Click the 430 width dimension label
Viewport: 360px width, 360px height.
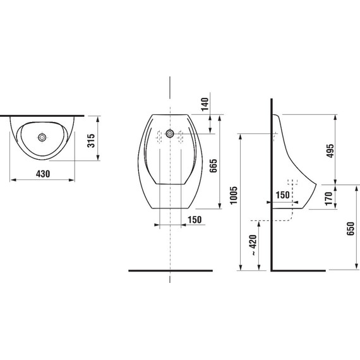tap(43, 174)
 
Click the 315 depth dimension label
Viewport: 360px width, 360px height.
tap(91, 140)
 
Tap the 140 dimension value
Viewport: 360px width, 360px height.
tap(205, 104)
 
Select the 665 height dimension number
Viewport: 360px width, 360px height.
tap(213, 165)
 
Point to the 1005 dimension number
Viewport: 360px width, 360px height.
tap(234, 195)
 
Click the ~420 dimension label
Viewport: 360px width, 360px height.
tap(253, 245)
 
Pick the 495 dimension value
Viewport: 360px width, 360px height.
tap(330, 151)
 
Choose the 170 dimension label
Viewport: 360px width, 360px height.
tap(329, 198)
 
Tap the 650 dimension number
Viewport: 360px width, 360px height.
tap(351, 229)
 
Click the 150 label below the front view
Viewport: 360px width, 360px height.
tap(195, 220)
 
